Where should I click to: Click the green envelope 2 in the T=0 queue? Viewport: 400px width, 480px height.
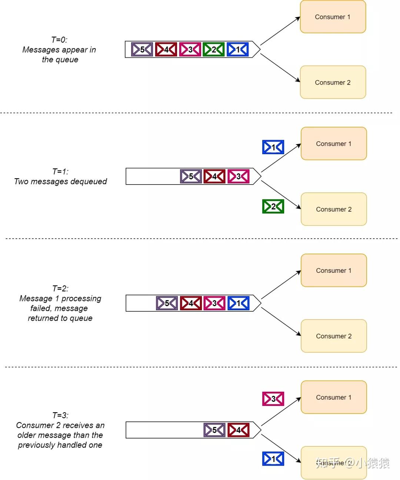[x=214, y=50]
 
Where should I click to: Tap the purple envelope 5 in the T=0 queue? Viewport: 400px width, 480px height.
[x=142, y=50]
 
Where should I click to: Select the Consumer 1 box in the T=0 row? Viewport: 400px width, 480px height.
[x=333, y=17]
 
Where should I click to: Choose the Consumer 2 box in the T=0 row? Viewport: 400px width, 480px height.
[x=333, y=82]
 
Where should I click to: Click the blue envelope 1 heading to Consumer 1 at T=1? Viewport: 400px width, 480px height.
[x=273, y=147]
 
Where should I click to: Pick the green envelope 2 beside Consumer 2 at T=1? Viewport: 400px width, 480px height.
[x=273, y=206]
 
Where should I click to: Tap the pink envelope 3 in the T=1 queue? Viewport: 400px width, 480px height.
[x=238, y=176]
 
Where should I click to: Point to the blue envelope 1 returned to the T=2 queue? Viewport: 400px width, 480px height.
[x=238, y=303]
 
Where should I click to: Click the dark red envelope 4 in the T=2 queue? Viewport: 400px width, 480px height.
[x=191, y=303]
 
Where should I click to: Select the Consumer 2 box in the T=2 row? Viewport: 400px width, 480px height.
[x=334, y=336]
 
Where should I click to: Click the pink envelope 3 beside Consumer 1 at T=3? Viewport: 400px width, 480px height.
[x=273, y=399]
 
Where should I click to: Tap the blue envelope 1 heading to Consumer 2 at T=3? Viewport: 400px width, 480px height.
[x=273, y=459]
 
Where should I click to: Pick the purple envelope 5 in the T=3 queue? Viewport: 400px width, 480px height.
[x=214, y=430]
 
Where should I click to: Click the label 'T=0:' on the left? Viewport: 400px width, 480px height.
[x=59, y=40]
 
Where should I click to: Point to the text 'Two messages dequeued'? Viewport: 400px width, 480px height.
[x=60, y=181]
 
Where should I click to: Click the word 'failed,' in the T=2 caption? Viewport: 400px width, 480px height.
[x=41, y=308]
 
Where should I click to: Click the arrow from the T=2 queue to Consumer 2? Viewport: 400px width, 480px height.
[x=281, y=322]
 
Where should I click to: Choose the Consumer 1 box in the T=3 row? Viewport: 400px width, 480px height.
[x=334, y=397]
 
